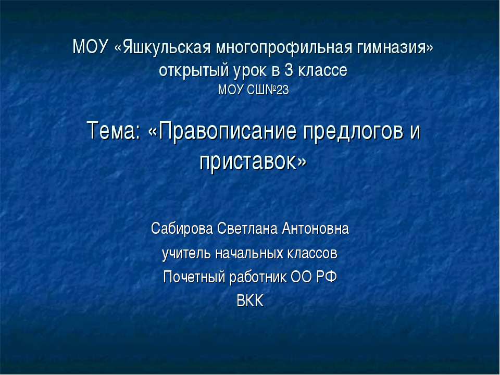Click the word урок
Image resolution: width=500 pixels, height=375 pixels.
click(x=251, y=70)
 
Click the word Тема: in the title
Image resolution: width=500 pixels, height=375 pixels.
click(x=113, y=131)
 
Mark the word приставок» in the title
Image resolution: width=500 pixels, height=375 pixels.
click(x=253, y=161)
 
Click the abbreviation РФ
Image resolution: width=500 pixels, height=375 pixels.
click(x=327, y=277)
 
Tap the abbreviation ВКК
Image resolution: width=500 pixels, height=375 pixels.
click(x=251, y=301)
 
